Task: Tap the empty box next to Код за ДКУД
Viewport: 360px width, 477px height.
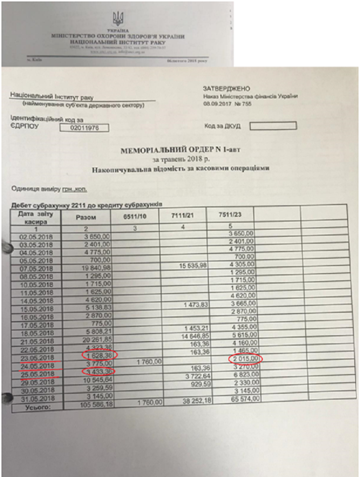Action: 273,126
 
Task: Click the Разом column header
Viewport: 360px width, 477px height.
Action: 86,217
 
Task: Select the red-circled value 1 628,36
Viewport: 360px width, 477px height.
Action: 99,355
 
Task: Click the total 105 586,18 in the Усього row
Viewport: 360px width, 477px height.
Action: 97,406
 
